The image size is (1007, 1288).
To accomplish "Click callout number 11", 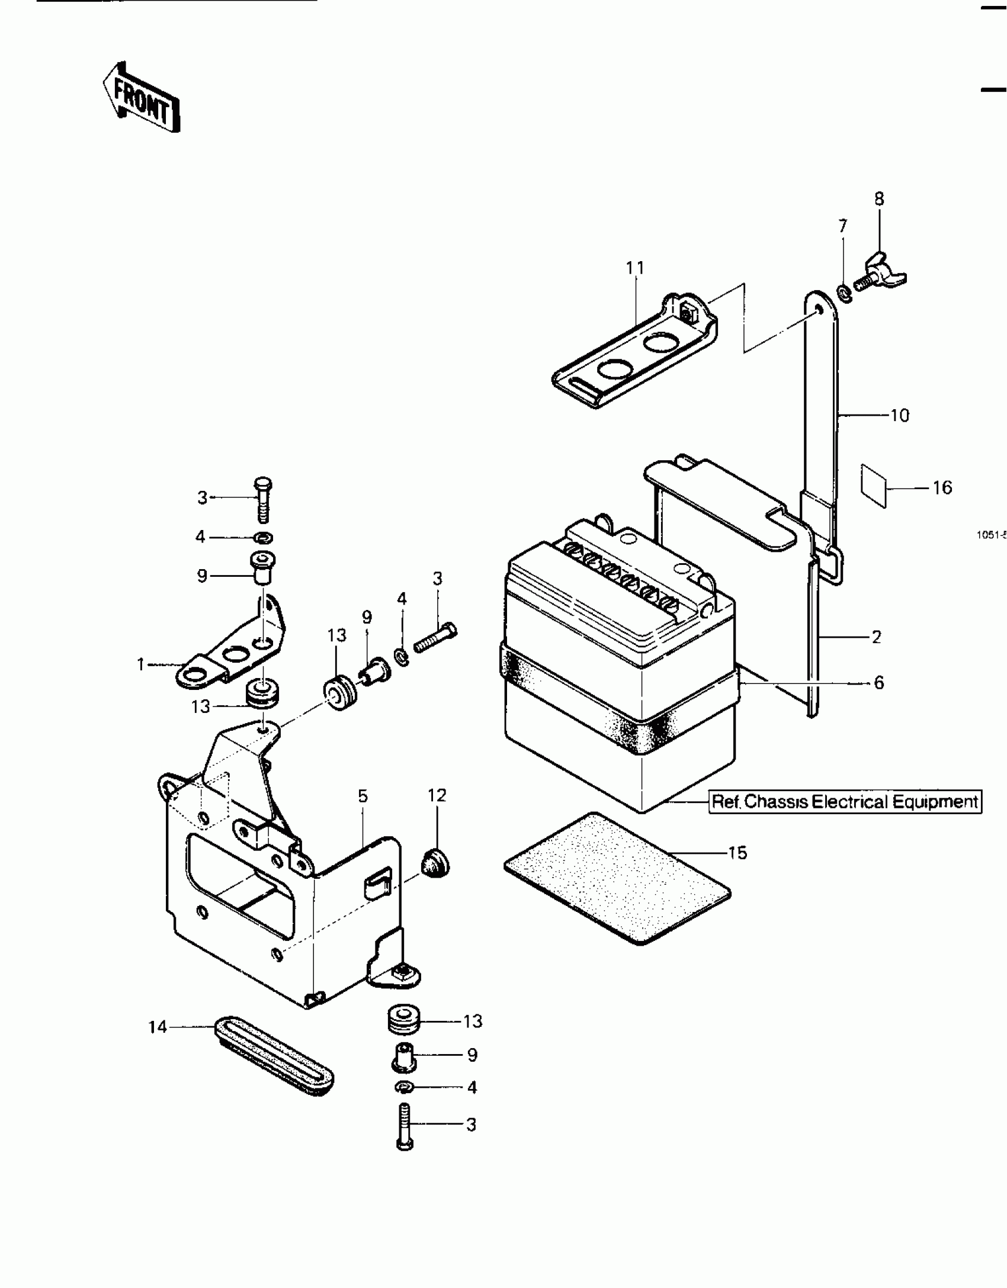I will tap(635, 268).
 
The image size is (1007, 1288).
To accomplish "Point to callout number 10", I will tap(899, 416).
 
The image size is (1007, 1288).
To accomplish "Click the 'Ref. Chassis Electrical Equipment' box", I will tap(845, 802).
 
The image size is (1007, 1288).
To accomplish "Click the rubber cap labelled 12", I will tap(435, 867).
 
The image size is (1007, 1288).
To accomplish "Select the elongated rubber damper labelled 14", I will tap(273, 1058).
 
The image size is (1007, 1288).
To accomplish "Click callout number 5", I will tap(363, 796).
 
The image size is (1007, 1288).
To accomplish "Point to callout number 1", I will tap(140, 664).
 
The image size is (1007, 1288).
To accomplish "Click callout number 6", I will tap(879, 683).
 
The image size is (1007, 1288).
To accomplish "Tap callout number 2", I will tap(877, 637).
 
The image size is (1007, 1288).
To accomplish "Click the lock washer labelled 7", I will tap(844, 292).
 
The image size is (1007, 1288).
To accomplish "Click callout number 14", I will tap(158, 1027).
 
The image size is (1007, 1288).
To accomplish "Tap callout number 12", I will tap(437, 795).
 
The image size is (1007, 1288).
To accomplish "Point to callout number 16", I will tap(942, 487).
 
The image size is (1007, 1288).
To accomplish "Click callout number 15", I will tap(738, 853).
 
